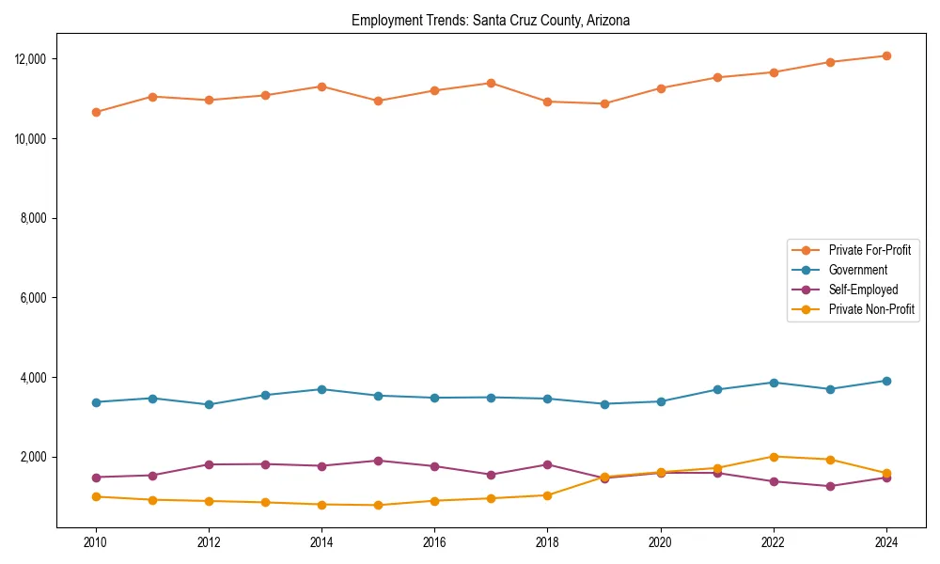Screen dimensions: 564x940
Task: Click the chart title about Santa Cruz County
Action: (491, 20)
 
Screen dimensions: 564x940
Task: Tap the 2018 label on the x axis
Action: (547, 542)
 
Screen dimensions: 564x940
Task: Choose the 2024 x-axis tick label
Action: (886, 542)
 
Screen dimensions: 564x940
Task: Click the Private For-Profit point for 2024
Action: (886, 56)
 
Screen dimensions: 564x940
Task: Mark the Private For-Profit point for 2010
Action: (96, 112)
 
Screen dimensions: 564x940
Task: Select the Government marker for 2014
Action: (321, 389)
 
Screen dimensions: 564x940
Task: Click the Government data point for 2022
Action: (774, 383)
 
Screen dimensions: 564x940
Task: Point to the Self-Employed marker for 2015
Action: (378, 461)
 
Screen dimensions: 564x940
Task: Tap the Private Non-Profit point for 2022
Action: (774, 457)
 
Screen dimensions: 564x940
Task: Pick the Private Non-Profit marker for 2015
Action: (378, 505)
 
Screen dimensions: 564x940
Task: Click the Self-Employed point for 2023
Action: (830, 486)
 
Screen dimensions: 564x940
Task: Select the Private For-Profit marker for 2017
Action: (491, 83)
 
